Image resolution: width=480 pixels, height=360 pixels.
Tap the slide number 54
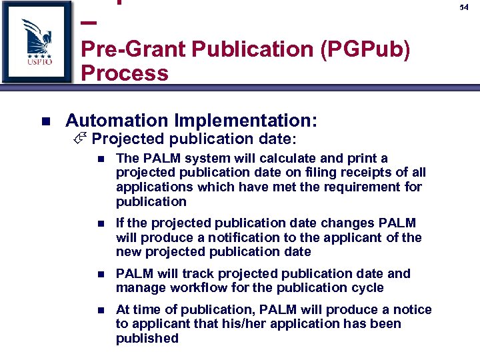(464, 7)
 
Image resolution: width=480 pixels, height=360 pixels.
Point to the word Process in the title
(125, 73)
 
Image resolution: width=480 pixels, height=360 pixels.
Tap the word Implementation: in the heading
(245, 121)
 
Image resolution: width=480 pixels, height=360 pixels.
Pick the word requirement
(352, 187)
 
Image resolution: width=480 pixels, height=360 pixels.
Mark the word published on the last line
(147, 338)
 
